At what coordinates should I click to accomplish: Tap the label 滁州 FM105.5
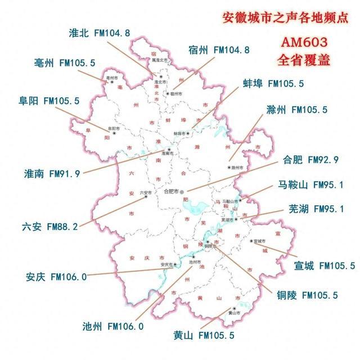(296, 110)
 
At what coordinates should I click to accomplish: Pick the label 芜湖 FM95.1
(316, 209)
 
